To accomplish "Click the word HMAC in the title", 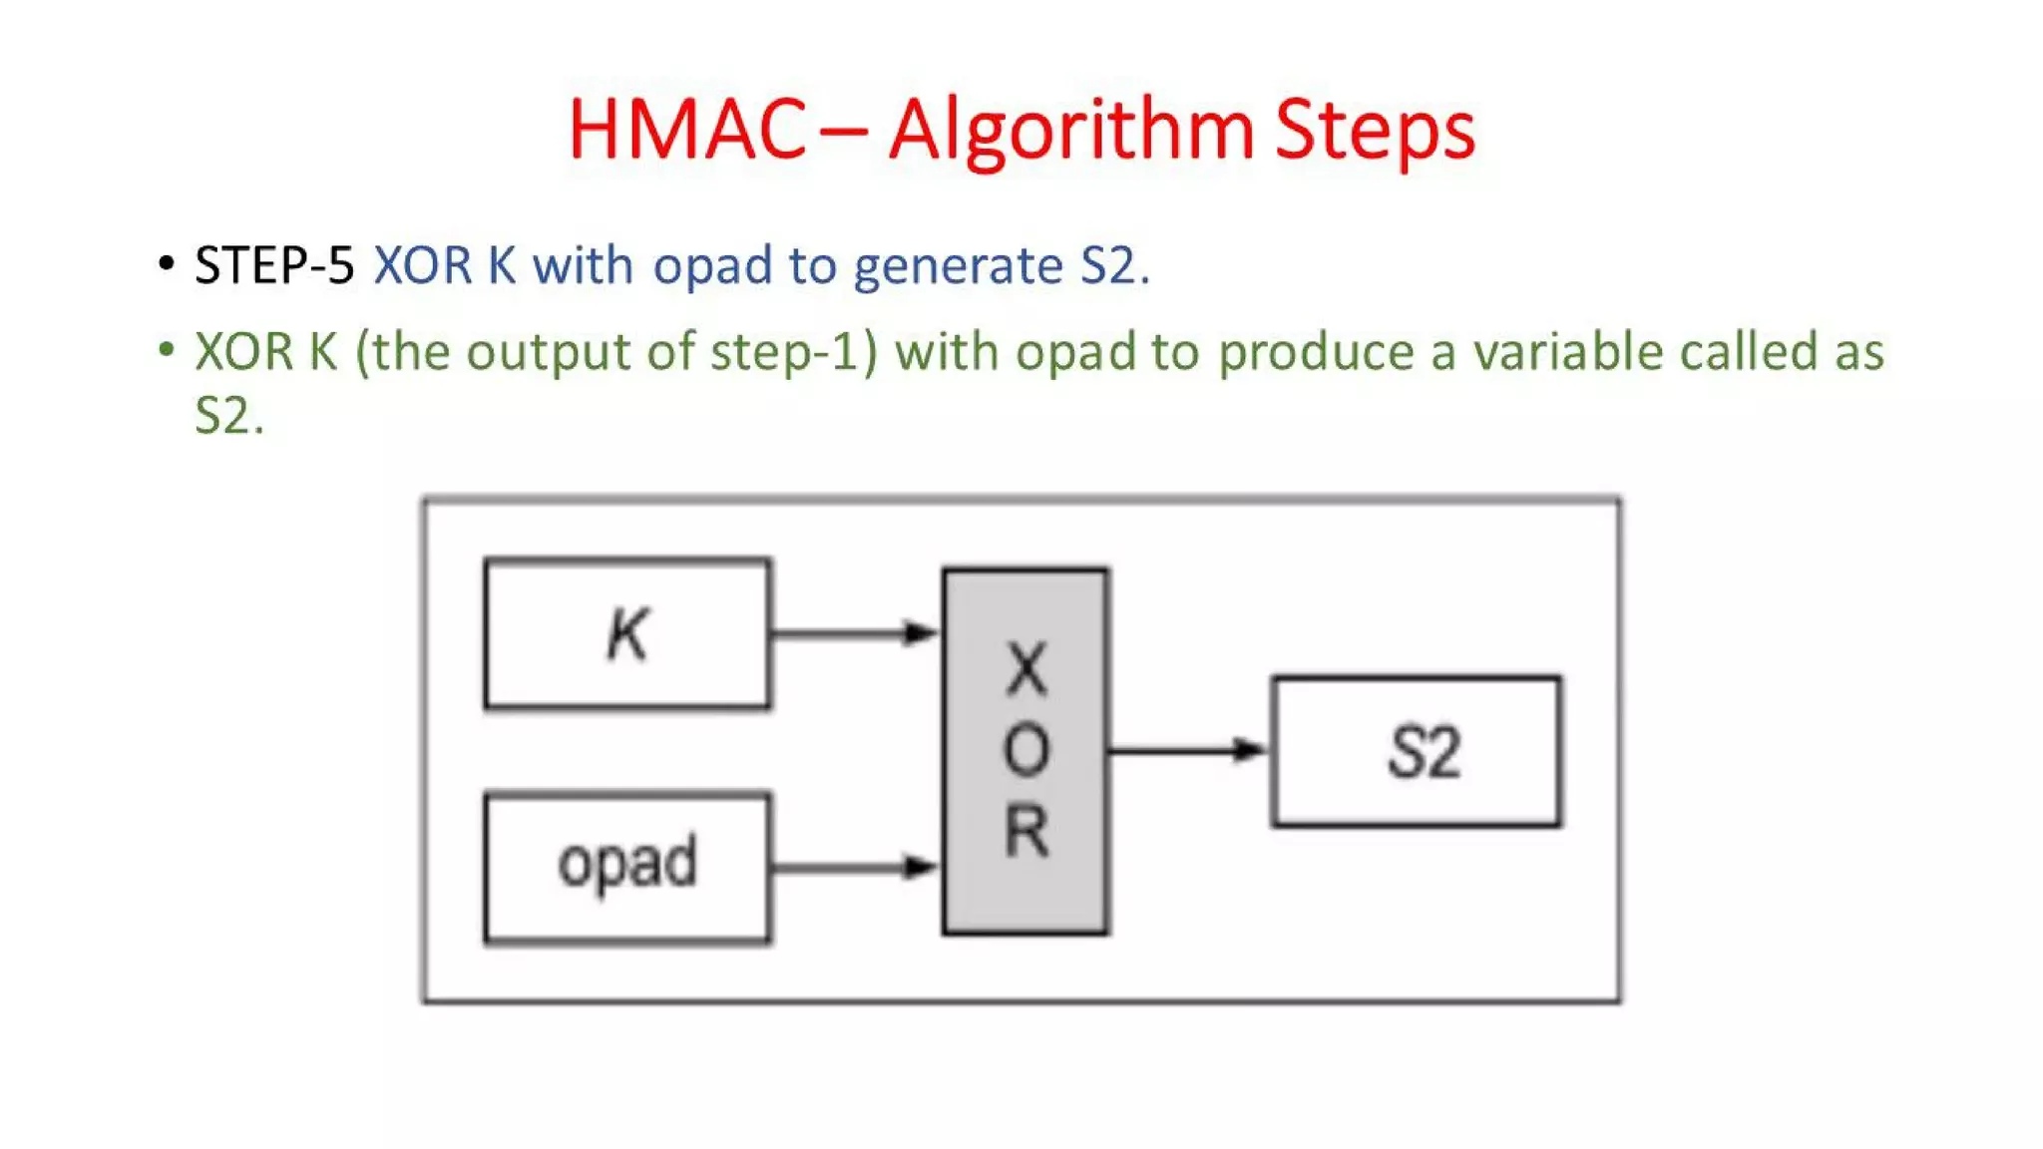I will (686, 130).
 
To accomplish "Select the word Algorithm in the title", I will (1070, 130).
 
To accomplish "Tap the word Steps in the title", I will (1375, 130).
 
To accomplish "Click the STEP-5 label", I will (274, 265).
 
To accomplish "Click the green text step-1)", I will (793, 353).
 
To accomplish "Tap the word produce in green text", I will (1316, 353).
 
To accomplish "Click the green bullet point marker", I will (167, 349).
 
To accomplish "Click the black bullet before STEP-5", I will (167, 263).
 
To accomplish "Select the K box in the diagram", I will (626, 634).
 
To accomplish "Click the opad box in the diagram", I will (626, 866).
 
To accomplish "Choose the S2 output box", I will (1416, 752).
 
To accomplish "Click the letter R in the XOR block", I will (1026, 831).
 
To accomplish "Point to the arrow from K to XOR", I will (854, 632).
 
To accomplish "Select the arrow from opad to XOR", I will (854, 866).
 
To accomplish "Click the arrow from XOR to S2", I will (1187, 750).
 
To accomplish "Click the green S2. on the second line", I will (228, 415).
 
